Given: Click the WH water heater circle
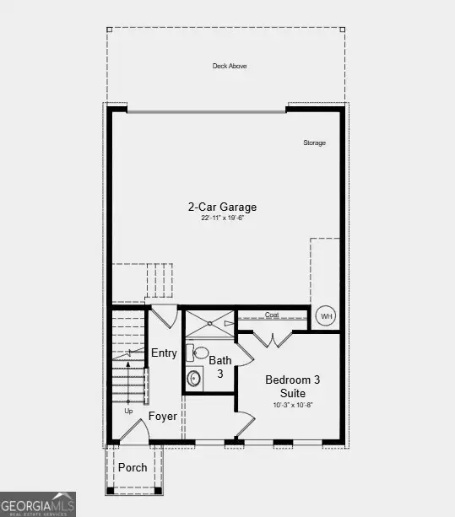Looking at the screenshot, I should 327,316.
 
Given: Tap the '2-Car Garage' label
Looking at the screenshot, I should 222,207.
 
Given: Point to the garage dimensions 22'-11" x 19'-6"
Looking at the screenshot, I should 222,218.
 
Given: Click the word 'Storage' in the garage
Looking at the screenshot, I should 314,143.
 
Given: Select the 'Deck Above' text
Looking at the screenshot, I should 230,66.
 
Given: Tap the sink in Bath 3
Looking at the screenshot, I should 194,378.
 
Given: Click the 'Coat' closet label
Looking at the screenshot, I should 272,315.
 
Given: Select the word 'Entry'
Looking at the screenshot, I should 164,353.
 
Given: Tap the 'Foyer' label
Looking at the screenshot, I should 162,416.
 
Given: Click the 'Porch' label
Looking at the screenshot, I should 133,467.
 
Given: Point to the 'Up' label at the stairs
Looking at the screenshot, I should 129,412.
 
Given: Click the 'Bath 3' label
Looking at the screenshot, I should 219,367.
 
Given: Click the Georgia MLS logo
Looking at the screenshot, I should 38,504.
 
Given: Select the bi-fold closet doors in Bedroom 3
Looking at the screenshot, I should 274,339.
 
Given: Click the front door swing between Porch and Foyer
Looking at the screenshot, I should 133,433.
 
